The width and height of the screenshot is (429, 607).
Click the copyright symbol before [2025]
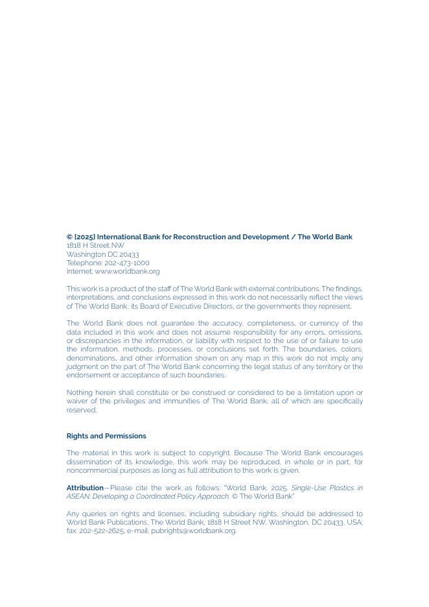pyautogui.click(x=69, y=237)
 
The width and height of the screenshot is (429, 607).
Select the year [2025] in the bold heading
pyautogui.click(x=84, y=237)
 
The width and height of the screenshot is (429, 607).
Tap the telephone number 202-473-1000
pyautogui.click(x=126, y=263)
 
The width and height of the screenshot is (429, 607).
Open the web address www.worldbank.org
pyautogui.click(x=127, y=272)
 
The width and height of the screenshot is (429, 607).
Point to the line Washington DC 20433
pyautogui.click(x=102, y=255)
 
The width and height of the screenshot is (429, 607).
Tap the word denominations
pyautogui.click(x=91, y=358)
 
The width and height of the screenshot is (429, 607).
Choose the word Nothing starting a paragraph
pyautogui.click(x=80, y=393)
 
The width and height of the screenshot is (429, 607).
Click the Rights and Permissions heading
pyautogui.click(x=106, y=436)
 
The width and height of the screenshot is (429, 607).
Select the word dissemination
pyautogui.click(x=90, y=462)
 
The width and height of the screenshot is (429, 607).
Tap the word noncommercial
pyautogui.click(x=92, y=471)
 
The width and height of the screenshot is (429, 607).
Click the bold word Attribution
pyautogui.click(x=85, y=488)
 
